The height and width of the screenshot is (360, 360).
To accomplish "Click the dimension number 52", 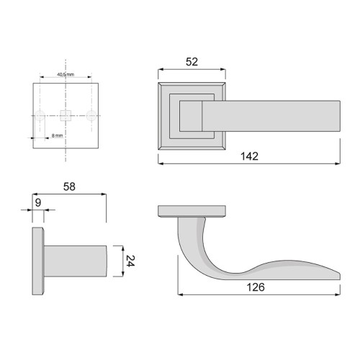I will click(192, 63).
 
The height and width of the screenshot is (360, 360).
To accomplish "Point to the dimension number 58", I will click(69, 186).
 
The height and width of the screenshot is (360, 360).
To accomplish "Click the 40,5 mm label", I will click(66, 74).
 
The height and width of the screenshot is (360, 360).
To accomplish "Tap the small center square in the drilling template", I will click(66, 115).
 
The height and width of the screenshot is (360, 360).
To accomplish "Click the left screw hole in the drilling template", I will click(41, 115).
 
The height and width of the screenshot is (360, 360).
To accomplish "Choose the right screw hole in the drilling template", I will click(91, 115).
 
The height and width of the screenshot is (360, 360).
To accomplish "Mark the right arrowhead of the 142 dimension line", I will click(338, 163).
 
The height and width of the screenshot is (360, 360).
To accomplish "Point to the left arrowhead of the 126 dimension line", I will click(181, 294).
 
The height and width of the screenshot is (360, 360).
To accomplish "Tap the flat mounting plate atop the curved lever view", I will click(193, 212).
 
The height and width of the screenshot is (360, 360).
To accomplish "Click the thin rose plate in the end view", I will click(38, 262).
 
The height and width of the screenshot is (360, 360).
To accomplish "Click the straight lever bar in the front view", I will click(274, 115).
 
